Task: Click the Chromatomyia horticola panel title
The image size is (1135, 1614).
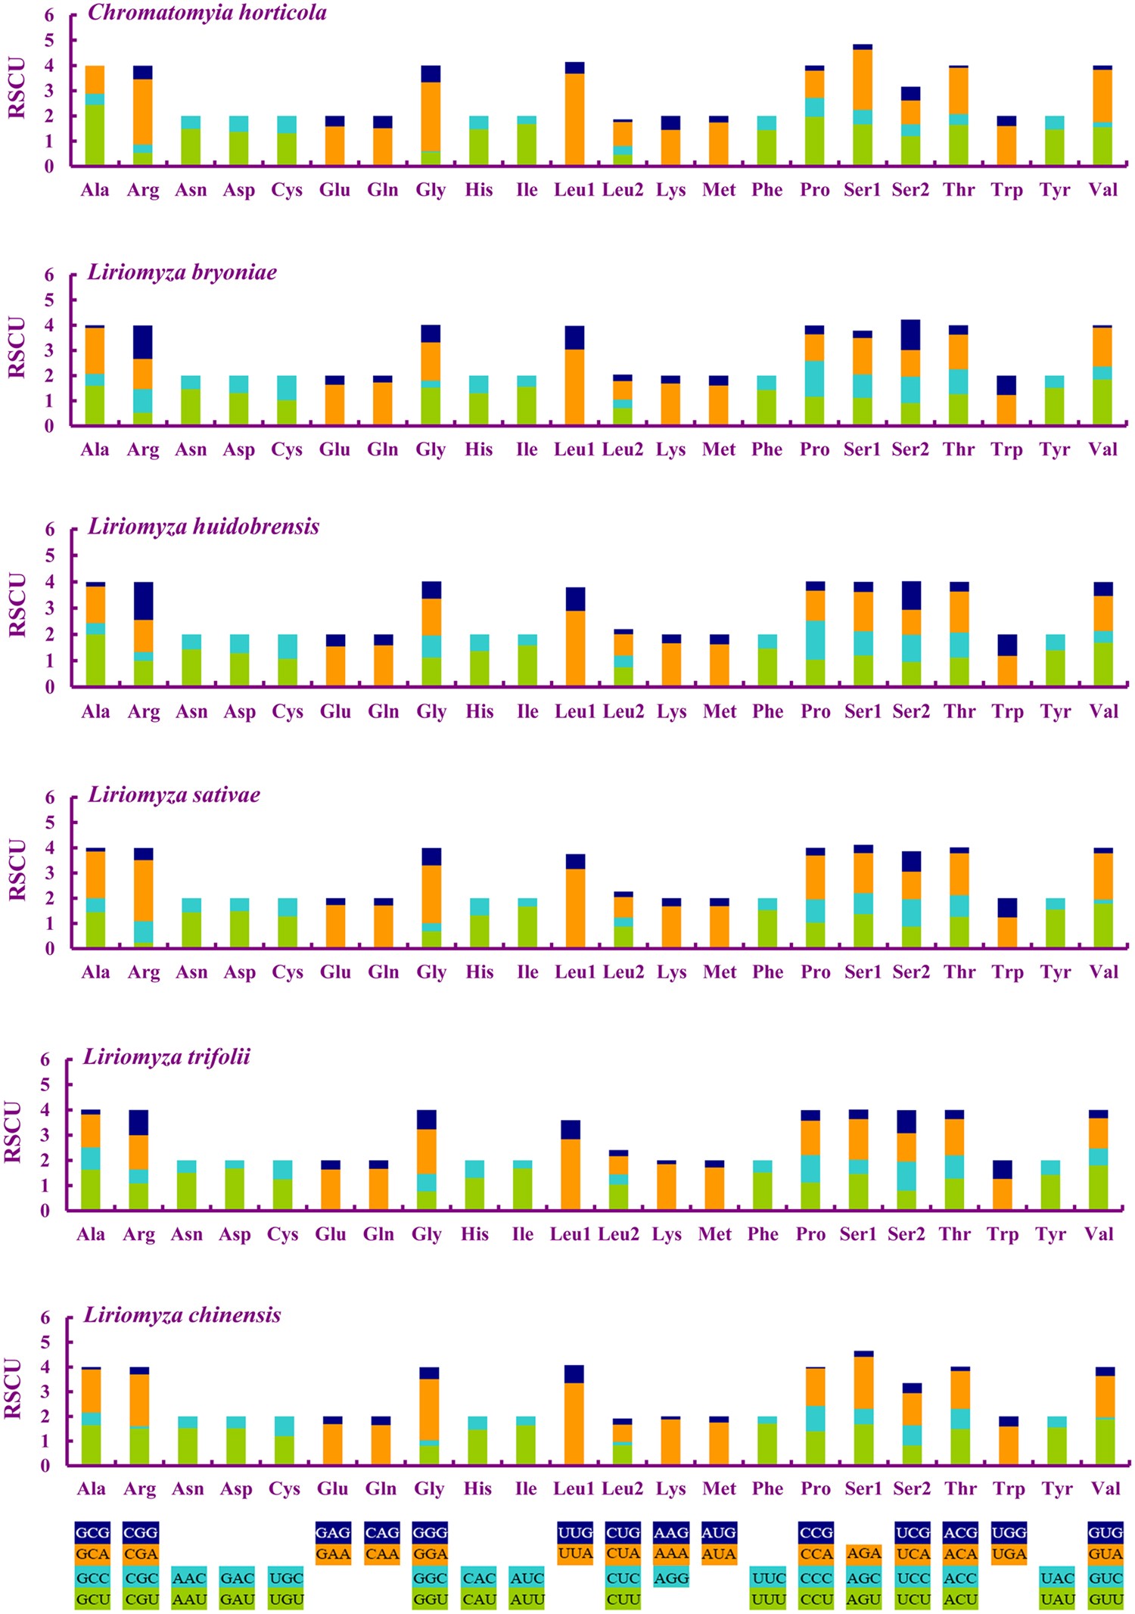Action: pos(207,13)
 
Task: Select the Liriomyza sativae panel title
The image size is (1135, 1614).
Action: pos(174,795)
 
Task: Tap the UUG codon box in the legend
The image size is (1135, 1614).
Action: pos(575,1532)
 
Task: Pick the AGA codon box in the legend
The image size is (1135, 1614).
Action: pos(863,1553)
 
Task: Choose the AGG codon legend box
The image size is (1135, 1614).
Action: pos(670,1578)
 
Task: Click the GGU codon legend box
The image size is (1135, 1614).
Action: pos(430,1600)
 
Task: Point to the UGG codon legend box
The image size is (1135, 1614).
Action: pos(1009,1532)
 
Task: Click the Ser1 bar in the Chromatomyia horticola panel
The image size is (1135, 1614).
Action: pos(863,106)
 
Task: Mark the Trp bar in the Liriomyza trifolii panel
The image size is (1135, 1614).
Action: pos(1003,1185)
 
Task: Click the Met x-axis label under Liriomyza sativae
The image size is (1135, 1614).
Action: pos(719,972)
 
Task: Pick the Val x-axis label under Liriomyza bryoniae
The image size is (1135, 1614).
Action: pos(1102,449)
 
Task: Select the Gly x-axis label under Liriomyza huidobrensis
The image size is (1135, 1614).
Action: pos(431,711)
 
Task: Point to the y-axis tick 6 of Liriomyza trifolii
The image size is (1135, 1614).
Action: pos(45,1059)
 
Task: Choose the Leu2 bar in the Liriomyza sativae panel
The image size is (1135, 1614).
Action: pos(623,920)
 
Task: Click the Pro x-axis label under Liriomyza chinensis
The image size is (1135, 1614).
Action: pos(815,1488)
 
